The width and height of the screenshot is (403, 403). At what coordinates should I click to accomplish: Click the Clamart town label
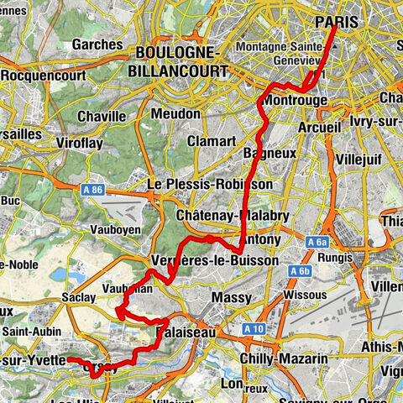pyautogui.click(x=209, y=140)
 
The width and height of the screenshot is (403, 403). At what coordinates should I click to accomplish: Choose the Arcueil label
pyautogui.click(x=320, y=127)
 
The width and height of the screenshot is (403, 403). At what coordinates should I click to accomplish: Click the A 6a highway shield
pyautogui.click(x=317, y=242)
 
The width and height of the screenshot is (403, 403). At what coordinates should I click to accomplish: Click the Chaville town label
pyautogui.click(x=102, y=116)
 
